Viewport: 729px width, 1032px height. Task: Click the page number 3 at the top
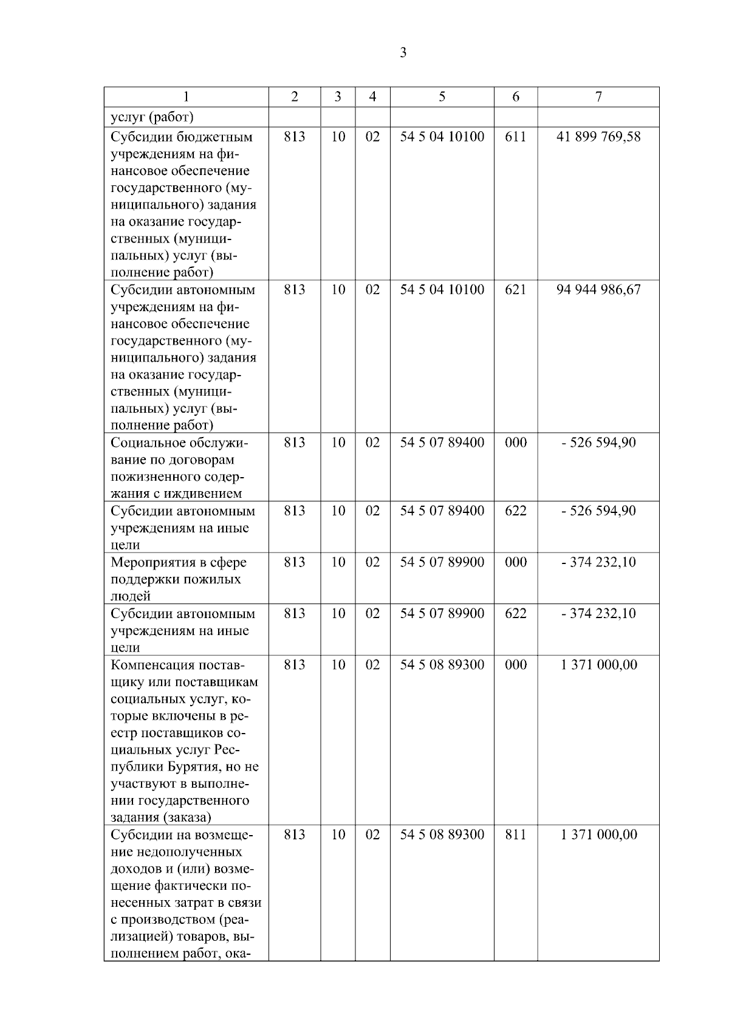[403, 53]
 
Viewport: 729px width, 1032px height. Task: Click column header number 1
[186, 97]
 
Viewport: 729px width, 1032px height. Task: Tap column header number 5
[442, 97]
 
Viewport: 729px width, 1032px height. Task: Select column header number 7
[598, 97]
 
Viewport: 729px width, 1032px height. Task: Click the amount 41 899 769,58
[598, 137]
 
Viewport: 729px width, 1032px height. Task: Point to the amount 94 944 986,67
[598, 290]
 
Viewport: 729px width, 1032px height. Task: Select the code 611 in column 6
[515, 137]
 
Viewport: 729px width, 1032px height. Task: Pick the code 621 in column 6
[515, 290]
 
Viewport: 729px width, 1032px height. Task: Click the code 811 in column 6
[515, 834]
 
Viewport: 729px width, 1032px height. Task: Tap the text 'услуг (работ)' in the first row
[152, 117]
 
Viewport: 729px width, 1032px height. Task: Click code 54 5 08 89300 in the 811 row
[442, 834]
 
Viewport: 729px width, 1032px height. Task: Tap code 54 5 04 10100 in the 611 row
[442, 137]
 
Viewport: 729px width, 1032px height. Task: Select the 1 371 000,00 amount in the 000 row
[598, 665]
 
